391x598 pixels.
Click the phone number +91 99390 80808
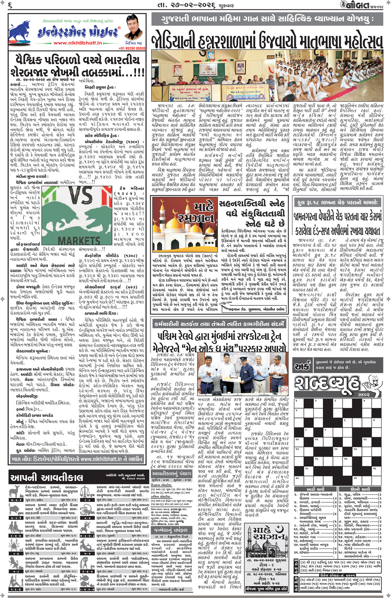point(132,49)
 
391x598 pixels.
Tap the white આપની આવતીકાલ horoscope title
point(47,478)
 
